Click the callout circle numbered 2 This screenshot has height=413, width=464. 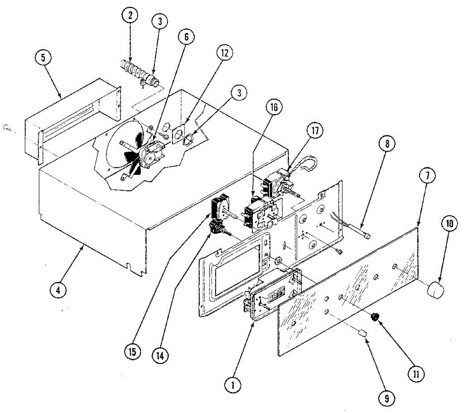coord(130,15)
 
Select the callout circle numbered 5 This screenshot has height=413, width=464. coord(43,58)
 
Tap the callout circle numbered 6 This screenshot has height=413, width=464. coord(186,37)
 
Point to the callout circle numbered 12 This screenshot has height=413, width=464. coord(225,53)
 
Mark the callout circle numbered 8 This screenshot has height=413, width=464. coord(387,144)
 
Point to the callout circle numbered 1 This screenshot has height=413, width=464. coord(233,385)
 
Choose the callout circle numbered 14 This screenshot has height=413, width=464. coord(160,355)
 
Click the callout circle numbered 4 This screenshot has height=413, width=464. coord(58,290)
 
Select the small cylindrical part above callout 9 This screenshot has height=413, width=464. coord(363,333)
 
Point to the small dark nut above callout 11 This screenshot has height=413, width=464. coord(374,317)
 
